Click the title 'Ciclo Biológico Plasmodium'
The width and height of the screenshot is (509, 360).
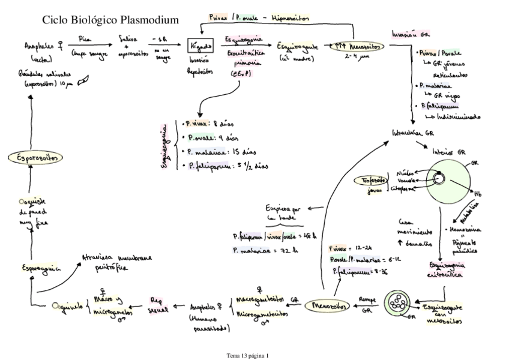110,20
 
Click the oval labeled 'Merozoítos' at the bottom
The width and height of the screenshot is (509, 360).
325,306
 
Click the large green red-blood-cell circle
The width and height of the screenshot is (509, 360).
447,179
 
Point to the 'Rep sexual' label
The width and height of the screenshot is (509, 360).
157,303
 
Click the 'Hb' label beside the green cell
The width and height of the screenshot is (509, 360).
478,194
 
